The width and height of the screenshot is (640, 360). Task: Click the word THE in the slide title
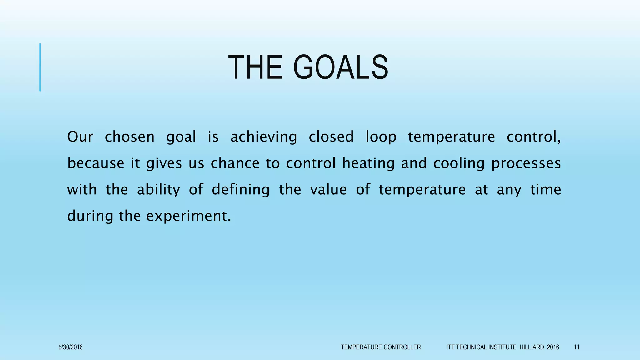click(x=255, y=67)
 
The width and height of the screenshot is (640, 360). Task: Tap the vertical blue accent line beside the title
click(x=40, y=67)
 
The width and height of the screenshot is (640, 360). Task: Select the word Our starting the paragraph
click(x=80, y=137)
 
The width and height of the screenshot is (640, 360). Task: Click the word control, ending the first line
click(x=533, y=137)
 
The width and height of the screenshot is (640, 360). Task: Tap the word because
click(x=96, y=163)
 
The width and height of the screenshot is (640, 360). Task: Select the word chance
click(x=235, y=163)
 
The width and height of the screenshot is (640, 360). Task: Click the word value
click(x=328, y=189)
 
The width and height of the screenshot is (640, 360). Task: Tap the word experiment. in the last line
click(x=189, y=216)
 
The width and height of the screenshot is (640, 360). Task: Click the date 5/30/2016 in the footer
click(x=71, y=347)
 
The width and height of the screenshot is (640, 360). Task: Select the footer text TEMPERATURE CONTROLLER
click(x=381, y=347)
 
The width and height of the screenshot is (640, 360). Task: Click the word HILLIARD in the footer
click(x=532, y=347)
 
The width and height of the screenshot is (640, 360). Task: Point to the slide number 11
click(x=577, y=347)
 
